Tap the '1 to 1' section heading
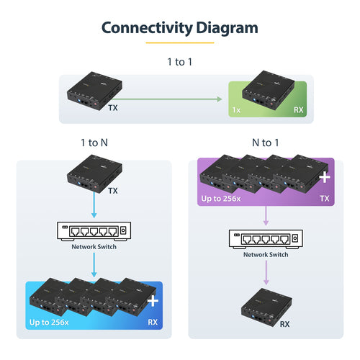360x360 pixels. (179, 62)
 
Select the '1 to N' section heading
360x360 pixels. (94, 142)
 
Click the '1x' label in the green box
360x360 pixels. (236, 110)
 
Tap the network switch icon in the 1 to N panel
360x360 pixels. (94, 231)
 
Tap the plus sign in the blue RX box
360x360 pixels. (151, 300)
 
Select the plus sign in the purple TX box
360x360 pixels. (324, 176)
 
